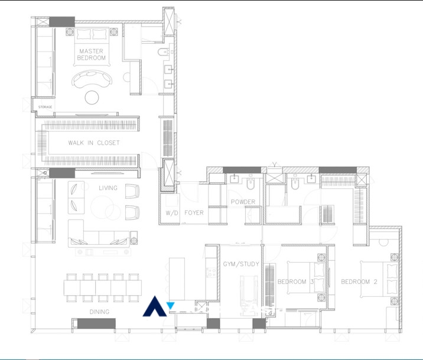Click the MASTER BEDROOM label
92,55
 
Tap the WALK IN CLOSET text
93,143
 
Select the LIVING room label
108,188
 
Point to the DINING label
99,312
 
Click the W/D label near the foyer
171,213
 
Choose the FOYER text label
194,213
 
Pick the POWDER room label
243,202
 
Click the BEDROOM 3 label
295,282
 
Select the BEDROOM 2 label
359,282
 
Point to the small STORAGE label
45,107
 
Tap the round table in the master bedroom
93,97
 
